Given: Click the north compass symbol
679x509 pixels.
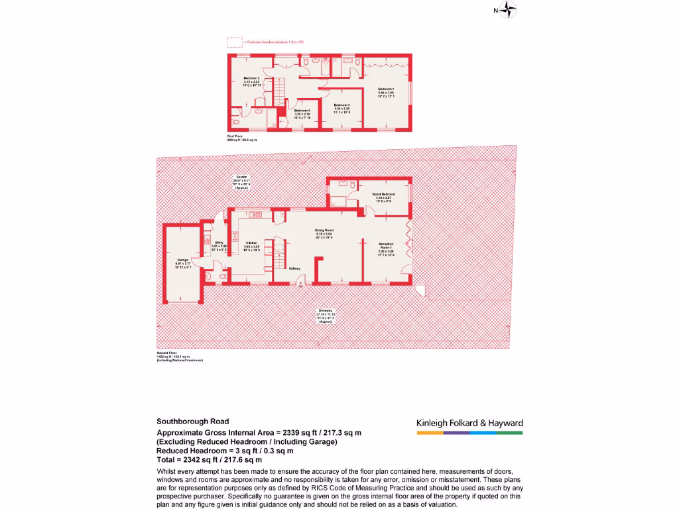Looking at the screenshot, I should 508,9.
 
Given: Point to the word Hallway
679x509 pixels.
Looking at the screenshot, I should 294,268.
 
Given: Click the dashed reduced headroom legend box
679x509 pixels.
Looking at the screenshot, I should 235,42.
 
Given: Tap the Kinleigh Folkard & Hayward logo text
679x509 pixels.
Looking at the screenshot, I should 469,423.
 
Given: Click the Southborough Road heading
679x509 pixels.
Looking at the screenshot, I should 193,421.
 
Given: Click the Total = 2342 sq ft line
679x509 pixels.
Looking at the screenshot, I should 210,459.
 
